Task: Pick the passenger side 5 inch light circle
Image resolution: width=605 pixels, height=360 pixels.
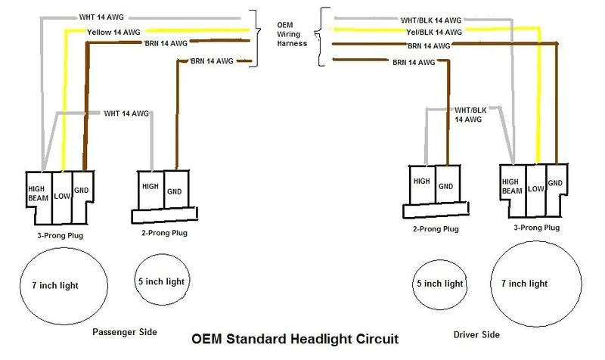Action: click(x=160, y=281)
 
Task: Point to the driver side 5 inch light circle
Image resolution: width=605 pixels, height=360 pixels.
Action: click(x=439, y=284)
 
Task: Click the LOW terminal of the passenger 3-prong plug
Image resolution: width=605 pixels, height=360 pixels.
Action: click(x=61, y=197)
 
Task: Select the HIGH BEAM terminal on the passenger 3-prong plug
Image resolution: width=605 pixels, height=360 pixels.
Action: click(x=38, y=194)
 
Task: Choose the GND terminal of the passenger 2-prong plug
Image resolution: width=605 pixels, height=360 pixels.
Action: click(x=175, y=189)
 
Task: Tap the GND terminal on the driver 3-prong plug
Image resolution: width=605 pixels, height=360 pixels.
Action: click(x=556, y=183)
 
